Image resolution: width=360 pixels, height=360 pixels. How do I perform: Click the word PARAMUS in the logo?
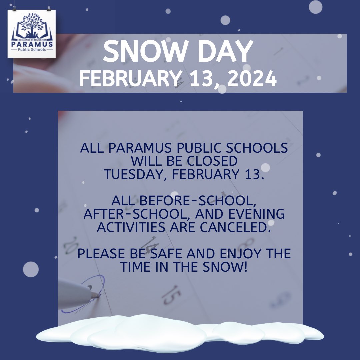pos(32,44)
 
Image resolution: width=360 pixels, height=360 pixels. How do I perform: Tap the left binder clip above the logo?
pos(14,8)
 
